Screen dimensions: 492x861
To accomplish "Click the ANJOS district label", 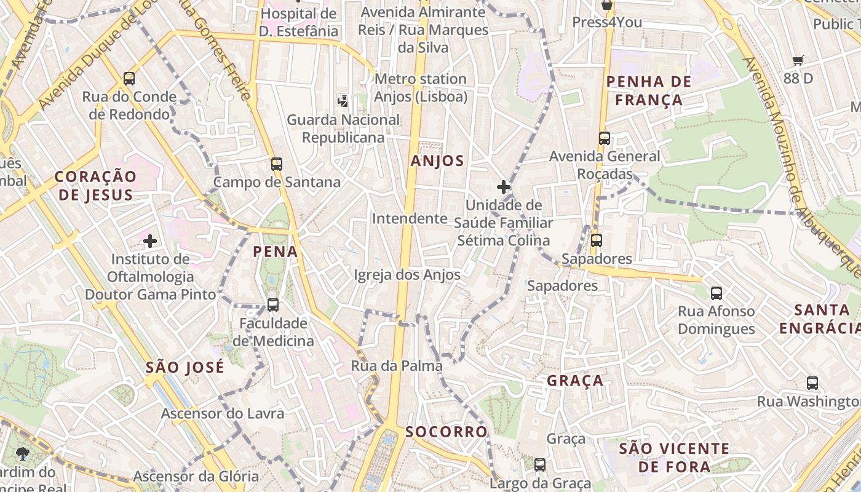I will pyautogui.click(x=437, y=161).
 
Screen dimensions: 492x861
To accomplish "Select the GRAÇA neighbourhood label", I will pyautogui.click(x=575, y=381).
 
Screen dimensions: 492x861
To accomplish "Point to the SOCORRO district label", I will pyautogui.click(x=446, y=432).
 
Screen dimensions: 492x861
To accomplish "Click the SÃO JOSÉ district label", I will pyautogui.click(x=184, y=368).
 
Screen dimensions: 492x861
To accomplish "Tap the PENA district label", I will pyautogui.click(x=276, y=252).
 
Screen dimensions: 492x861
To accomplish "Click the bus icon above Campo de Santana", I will pyautogui.click(x=277, y=164).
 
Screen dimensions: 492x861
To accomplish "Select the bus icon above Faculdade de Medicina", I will pyautogui.click(x=273, y=304).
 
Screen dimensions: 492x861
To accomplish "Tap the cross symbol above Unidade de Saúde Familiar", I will pyautogui.click(x=504, y=186).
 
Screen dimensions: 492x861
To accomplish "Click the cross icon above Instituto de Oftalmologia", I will pyautogui.click(x=150, y=240).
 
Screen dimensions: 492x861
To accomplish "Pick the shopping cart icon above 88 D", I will pyautogui.click(x=798, y=60).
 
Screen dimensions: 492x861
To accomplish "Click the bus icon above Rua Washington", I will pyautogui.click(x=812, y=383).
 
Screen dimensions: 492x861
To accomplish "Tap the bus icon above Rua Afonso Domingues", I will pyautogui.click(x=716, y=293).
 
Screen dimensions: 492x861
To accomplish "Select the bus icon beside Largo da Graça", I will pyautogui.click(x=540, y=465).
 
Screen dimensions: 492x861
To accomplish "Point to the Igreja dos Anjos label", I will pyautogui.click(x=407, y=275).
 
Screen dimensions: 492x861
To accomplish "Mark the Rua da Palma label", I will pyautogui.click(x=397, y=366).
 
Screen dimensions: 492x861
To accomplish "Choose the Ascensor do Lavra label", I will pyautogui.click(x=223, y=413).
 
